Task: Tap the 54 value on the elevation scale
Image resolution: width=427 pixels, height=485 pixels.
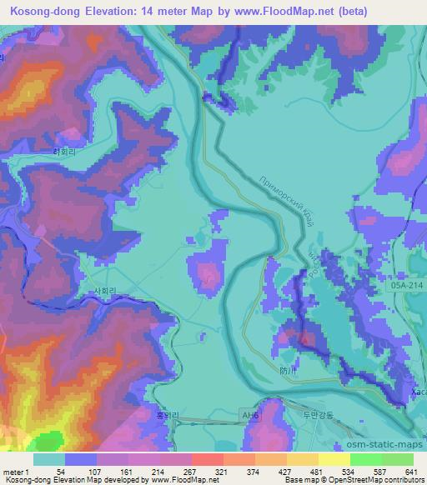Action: tap(61, 471)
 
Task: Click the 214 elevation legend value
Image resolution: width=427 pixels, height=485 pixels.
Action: tap(158, 471)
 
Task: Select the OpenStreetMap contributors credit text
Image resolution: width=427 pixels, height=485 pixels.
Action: tap(376, 481)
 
